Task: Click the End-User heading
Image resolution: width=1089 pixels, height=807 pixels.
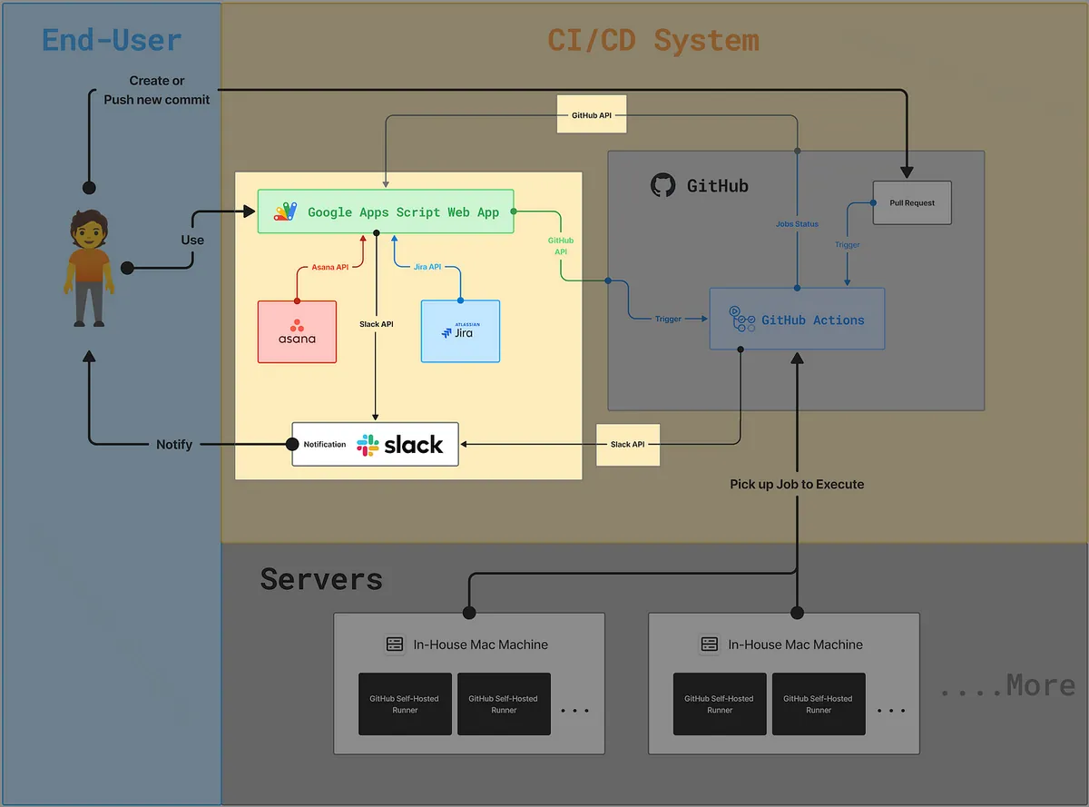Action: tap(112, 40)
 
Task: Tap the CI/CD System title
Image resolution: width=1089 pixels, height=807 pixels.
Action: tap(652, 40)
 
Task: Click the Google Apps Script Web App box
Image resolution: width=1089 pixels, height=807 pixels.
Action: tap(386, 212)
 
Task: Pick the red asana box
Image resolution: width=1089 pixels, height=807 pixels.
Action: tap(297, 331)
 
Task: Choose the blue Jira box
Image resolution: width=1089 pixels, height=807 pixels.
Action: tap(460, 330)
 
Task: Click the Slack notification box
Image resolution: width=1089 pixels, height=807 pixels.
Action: tap(375, 444)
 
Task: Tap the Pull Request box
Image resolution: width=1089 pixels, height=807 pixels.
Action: tap(911, 202)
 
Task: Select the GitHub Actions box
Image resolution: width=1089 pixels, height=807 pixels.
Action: tap(797, 320)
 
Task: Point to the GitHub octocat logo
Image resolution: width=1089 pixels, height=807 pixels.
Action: tap(663, 185)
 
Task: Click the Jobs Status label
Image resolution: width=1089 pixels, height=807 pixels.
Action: tap(797, 223)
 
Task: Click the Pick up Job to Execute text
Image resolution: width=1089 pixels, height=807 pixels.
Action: tap(797, 484)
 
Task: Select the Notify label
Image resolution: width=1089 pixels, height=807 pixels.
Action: tap(174, 444)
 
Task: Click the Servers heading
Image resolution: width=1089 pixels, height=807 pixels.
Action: tap(321, 578)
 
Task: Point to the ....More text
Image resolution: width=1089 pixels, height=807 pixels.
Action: tap(1007, 685)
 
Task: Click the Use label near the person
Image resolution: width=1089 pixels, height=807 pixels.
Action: tap(192, 240)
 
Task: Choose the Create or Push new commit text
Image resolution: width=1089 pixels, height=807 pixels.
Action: tap(156, 90)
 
